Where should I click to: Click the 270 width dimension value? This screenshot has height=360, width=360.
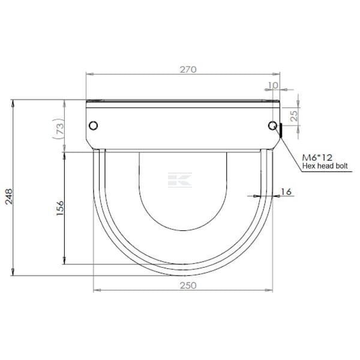(x=188, y=70)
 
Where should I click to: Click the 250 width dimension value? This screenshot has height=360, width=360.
(x=188, y=286)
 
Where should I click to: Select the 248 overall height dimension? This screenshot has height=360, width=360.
(x=9, y=196)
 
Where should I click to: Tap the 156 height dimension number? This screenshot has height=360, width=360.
(x=60, y=208)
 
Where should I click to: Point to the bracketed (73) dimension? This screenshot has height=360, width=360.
(x=59, y=129)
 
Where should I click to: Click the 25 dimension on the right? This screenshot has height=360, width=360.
(x=293, y=116)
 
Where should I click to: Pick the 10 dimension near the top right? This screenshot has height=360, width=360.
(x=273, y=85)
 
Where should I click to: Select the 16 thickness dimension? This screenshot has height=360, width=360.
(x=286, y=191)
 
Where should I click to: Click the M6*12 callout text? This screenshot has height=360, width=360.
(x=317, y=157)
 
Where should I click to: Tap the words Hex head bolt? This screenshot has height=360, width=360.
(x=325, y=166)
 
